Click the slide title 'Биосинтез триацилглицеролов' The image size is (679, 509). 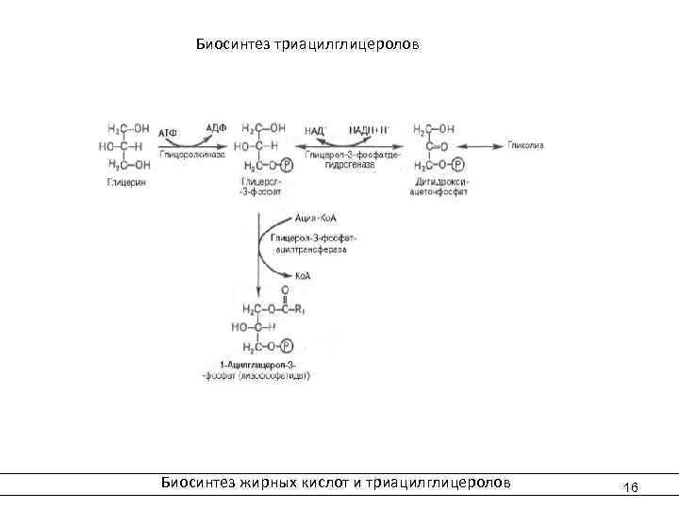point(307,44)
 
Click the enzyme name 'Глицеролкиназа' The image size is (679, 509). point(191,152)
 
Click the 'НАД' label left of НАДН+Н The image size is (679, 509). point(315,129)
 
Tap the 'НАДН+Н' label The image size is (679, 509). point(369,129)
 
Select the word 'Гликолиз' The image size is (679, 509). point(525,145)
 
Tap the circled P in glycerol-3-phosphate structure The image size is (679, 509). point(287,164)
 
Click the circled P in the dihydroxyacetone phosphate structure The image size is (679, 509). point(456,164)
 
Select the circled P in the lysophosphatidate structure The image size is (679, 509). point(287,347)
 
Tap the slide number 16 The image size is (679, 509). point(631,486)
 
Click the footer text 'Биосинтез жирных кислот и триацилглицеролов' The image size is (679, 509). point(336,482)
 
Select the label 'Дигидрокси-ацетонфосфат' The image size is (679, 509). point(435,186)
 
